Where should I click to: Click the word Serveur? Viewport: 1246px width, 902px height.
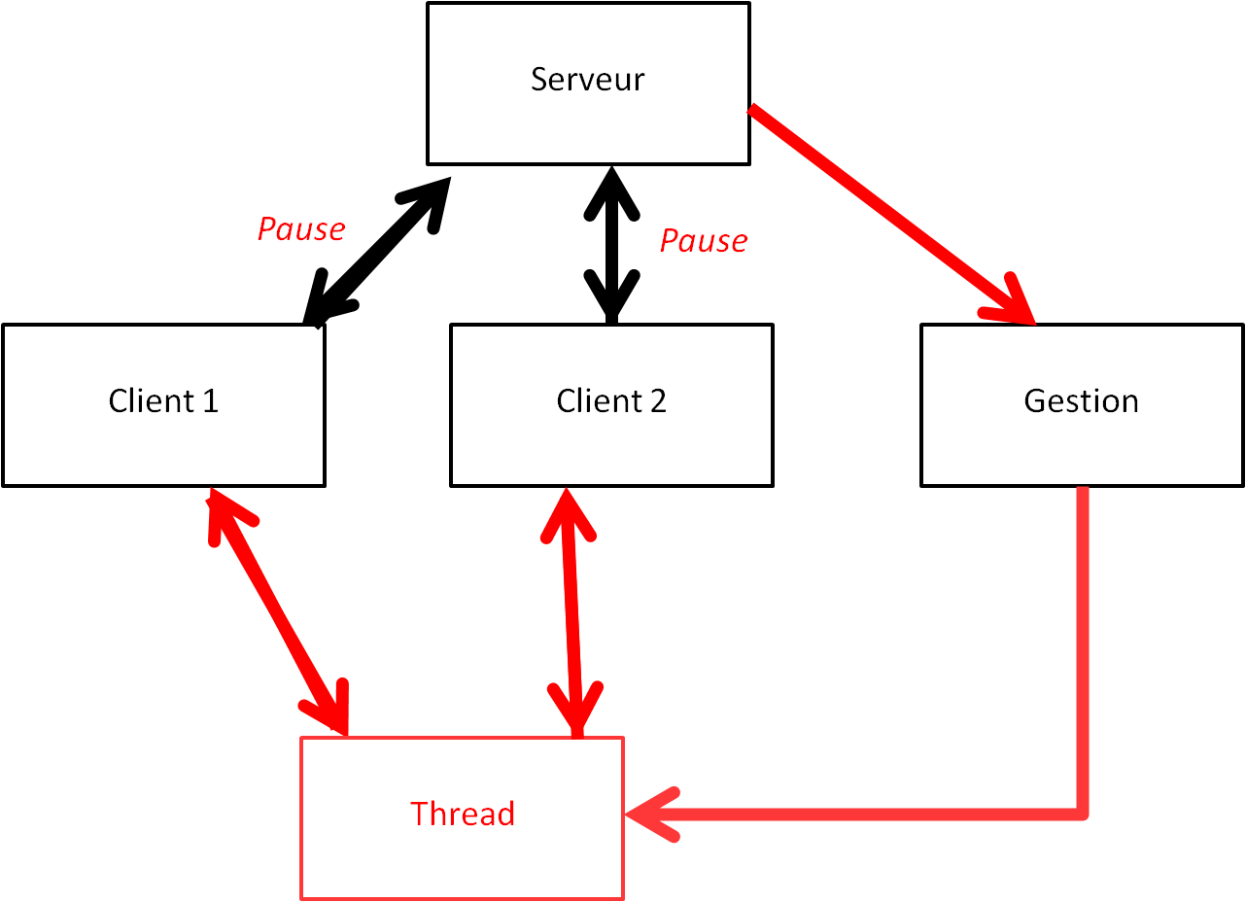pos(587,79)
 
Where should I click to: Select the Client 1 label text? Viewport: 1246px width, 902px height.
pos(163,400)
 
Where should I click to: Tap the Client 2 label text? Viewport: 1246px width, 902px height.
pos(611,400)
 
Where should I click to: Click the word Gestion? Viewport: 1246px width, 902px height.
pos(1081,400)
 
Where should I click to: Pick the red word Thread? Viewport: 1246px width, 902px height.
pos(462,813)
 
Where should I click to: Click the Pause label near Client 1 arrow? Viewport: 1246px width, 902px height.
pos(300,229)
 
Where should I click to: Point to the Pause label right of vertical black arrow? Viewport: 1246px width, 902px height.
pos(704,241)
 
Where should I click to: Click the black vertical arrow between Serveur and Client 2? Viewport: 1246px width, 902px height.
pos(611,243)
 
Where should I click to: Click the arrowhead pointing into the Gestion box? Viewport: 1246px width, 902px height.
pos(1016,306)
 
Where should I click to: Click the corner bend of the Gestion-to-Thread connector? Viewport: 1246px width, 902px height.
pos(1083,813)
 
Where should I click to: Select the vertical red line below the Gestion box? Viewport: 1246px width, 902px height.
pos(1083,642)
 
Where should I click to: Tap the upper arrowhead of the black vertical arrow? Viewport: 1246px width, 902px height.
pos(610,190)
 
